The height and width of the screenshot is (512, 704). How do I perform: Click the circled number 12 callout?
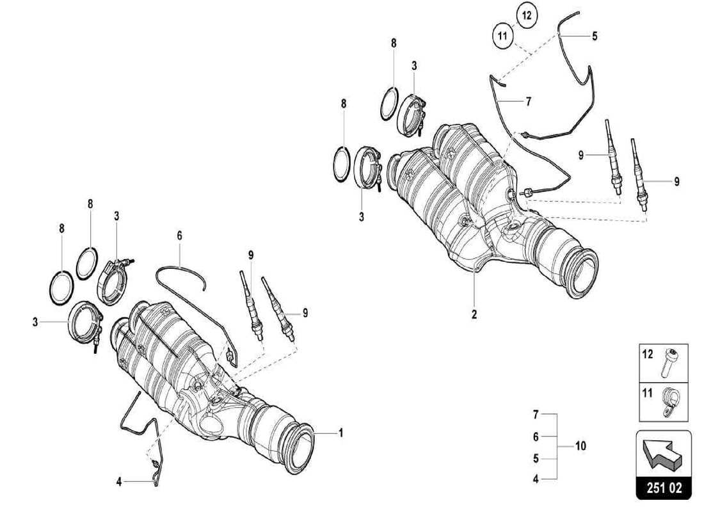coord(525,15)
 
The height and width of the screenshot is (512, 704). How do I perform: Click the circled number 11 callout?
coord(503,36)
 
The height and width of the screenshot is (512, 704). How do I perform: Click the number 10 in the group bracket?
coord(580,445)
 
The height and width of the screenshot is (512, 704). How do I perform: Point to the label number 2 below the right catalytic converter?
coord(474,316)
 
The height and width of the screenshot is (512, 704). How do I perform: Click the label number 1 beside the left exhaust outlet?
coord(340,433)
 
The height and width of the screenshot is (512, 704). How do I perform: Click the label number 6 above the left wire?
coord(180,236)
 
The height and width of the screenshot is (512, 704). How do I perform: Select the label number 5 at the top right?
coord(595,36)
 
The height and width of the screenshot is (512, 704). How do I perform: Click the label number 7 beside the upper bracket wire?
coord(529,101)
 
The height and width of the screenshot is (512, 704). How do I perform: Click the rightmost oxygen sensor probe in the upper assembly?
coord(641,179)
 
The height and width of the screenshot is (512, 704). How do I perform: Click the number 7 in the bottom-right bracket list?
coord(536,415)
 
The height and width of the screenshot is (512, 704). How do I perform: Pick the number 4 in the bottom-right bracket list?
coord(536,478)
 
